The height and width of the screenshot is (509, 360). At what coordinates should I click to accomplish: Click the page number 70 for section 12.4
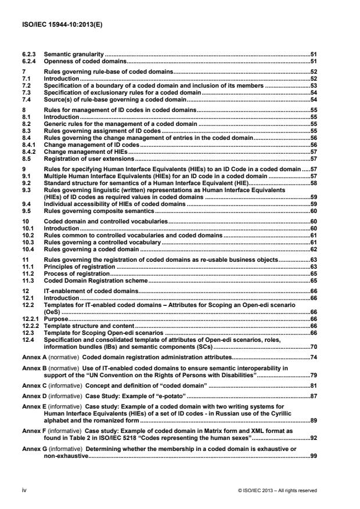312,347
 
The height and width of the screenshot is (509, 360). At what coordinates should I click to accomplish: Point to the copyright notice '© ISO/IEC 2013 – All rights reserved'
277,491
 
